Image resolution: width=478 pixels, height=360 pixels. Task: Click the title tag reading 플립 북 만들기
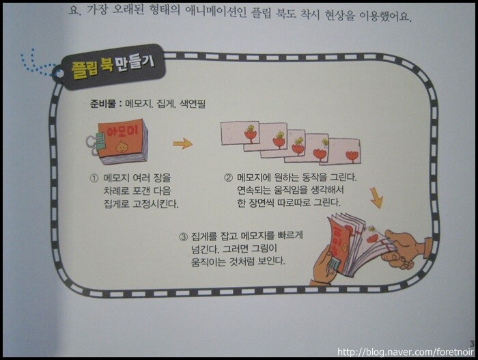tap(112, 67)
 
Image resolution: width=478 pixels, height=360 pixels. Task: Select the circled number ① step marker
tap(94, 178)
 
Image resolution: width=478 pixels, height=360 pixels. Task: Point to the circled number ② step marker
tap(228, 177)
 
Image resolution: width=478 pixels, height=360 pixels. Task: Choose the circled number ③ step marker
tap(183, 236)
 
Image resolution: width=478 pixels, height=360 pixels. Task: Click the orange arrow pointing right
tap(182, 143)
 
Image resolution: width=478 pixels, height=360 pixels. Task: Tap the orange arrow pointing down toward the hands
tap(376, 198)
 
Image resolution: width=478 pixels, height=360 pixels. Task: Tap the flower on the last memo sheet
tap(352, 156)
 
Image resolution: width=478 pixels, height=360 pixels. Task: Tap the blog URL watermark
tap(406, 352)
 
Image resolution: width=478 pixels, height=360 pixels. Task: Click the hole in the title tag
tap(59, 74)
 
